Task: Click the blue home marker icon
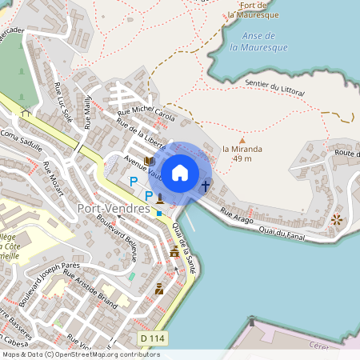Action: point(180,172)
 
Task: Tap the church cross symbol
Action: point(206,186)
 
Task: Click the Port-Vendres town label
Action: point(114,209)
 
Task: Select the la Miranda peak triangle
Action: point(242,140)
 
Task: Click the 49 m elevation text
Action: point(242,158)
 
